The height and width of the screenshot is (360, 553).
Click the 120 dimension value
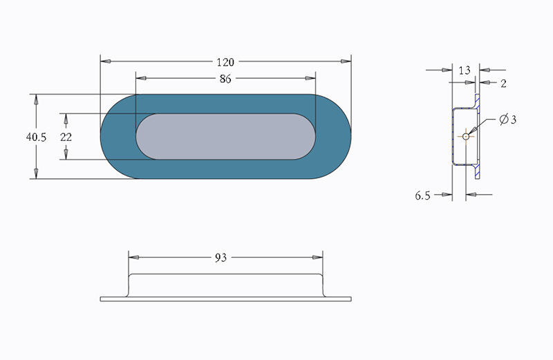pos(225,62)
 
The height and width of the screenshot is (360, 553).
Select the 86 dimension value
pos(225,79)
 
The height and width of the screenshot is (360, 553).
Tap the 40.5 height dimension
pos(36,137)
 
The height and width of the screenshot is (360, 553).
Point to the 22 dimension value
pos(66,137)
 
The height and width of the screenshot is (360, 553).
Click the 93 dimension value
pos(221,258)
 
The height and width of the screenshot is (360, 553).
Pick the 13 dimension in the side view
pos(465,70)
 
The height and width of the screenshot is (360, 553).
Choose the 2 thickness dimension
pos(503,84)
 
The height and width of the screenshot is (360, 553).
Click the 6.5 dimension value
pos(422,196)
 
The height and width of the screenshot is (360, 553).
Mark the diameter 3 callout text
pos(508,120)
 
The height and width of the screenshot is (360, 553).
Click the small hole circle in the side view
pos(466,136)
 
